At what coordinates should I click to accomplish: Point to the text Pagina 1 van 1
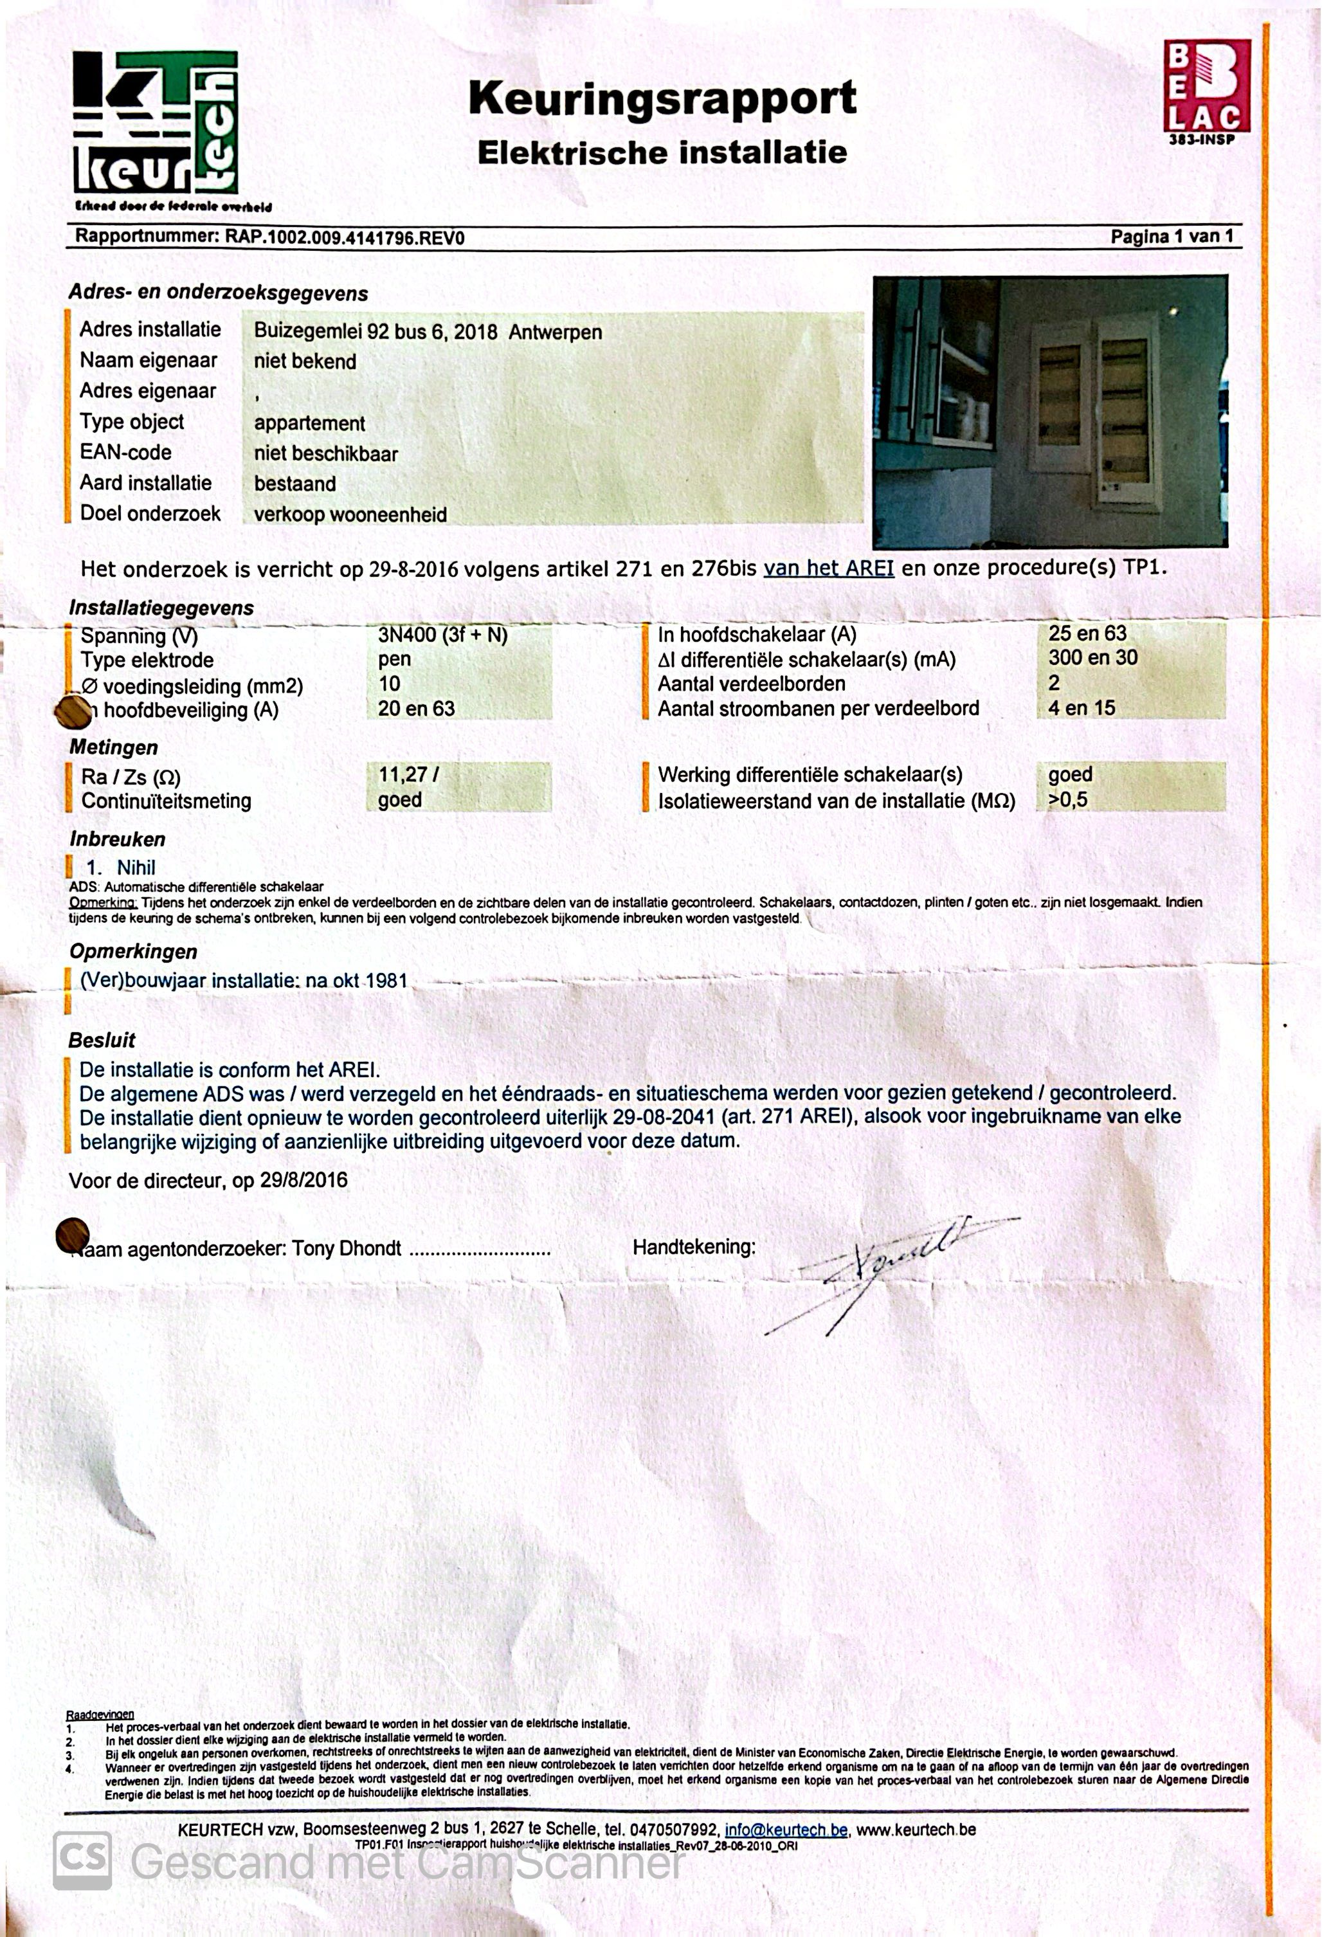coord(1171,237)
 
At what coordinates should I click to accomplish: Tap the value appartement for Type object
coord(309,423)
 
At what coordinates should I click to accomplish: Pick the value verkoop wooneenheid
coord(350,515)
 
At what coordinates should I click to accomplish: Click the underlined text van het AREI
coord(829,568)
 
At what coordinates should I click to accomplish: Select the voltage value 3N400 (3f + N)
coord(442,635)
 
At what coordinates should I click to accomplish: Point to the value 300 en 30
coord(1093,658)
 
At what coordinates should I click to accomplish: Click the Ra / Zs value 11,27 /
coord(408,774)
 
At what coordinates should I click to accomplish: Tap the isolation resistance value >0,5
coord(1068,800)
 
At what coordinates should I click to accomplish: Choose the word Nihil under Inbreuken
coord(136,868)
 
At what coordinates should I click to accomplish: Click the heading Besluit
coord(102,1040)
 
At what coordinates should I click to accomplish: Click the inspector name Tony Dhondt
coord(346,1248)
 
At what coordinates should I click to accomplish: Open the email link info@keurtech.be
coord(786,1830)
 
